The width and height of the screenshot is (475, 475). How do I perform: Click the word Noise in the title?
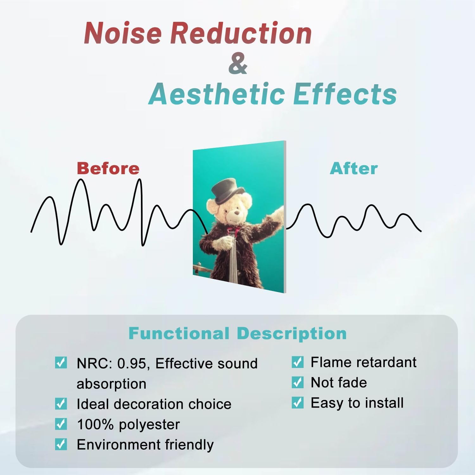(x=123, y=33)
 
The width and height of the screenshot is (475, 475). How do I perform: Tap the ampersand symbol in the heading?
(x=237, y=63)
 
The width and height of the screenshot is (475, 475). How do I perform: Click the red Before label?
(x=108, y=168)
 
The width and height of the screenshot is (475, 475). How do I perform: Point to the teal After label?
(x=354, y=168)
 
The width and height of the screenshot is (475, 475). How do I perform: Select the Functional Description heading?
(x=237, y=333)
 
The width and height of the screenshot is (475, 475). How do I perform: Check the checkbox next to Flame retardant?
(x=297, y=362)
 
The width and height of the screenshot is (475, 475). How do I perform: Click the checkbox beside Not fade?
(x=297, y=383)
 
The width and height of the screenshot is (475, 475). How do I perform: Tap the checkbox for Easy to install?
(x=297, y=403)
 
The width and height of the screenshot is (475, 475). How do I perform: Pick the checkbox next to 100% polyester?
(x=61, y=424)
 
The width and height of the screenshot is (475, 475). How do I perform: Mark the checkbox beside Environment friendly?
(x=61, y=444)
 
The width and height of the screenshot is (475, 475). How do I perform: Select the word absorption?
(x=111, y=384)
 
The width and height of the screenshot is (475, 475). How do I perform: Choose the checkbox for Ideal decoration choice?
(x=61, y=404)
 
